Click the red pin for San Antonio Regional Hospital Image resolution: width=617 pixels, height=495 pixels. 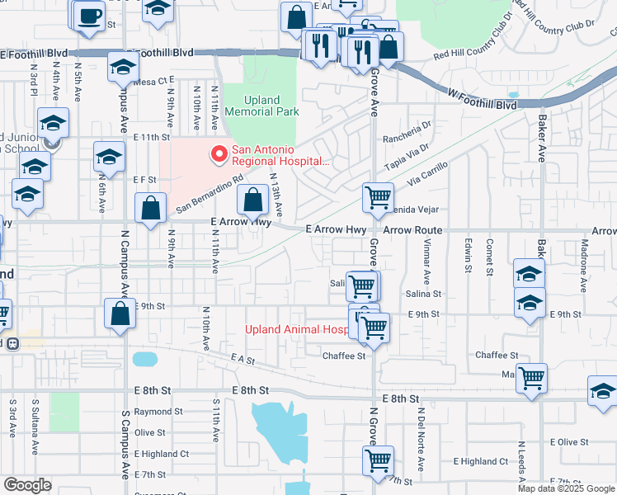(219, 153)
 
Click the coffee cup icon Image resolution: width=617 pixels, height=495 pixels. (90, 16)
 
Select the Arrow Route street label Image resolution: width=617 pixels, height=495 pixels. (412, 230)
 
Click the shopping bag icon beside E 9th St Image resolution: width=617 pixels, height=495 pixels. (120, 313)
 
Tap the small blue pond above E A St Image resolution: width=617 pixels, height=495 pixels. (144, 359)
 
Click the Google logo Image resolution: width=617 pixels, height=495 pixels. (27, 485)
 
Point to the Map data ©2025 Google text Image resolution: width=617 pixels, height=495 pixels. (567, 488)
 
